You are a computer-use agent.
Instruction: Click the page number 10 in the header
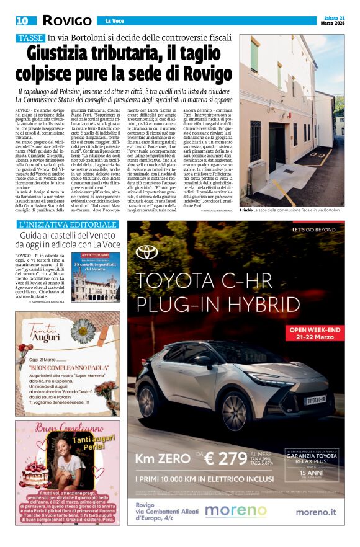pyautogui.click(x=22, y=20)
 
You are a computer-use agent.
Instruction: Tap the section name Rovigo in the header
pyautogui.click(x=68, y=20)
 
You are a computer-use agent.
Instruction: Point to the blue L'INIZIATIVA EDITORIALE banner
pyautogui.click(x=68, y=224)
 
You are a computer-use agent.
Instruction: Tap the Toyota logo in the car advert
pyautogui.click(x=147, y=252)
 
